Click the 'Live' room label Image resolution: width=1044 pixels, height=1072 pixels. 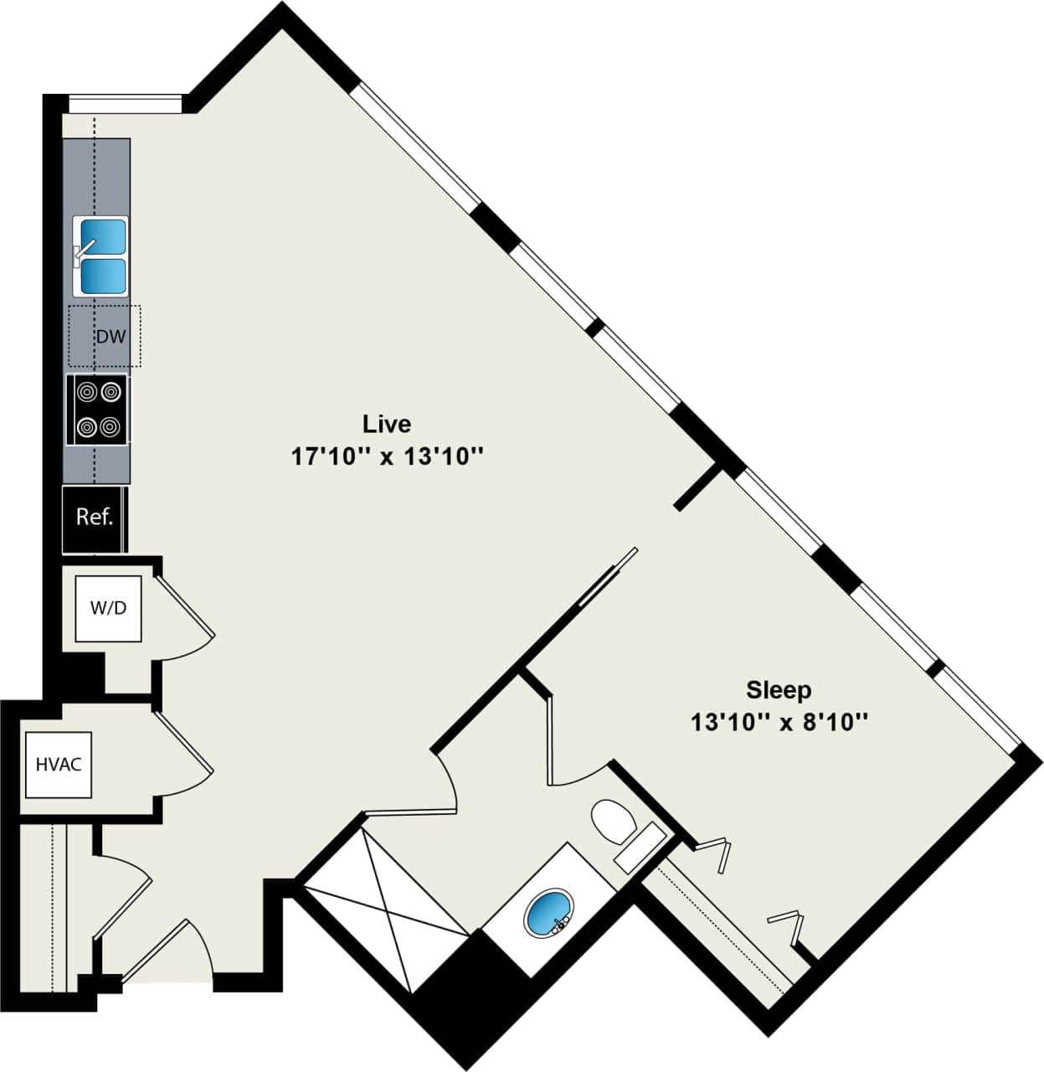point(386,424)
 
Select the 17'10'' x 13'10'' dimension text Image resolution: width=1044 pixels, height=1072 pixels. point(388,457)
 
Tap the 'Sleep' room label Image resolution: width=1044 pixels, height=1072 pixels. point(779,690)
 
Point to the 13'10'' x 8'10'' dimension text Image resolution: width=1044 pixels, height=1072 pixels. point(779,722)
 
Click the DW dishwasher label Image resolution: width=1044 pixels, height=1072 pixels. point(111,337)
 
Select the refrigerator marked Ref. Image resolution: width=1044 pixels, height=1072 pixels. point(94,518)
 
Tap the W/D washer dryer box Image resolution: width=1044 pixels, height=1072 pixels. point(108,608)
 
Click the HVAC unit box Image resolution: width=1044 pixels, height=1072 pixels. point(59,765)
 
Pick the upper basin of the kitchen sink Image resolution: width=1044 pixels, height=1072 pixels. point(103,237)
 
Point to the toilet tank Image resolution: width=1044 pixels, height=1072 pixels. point(640,846)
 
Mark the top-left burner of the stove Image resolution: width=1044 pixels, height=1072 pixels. point(86,391)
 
